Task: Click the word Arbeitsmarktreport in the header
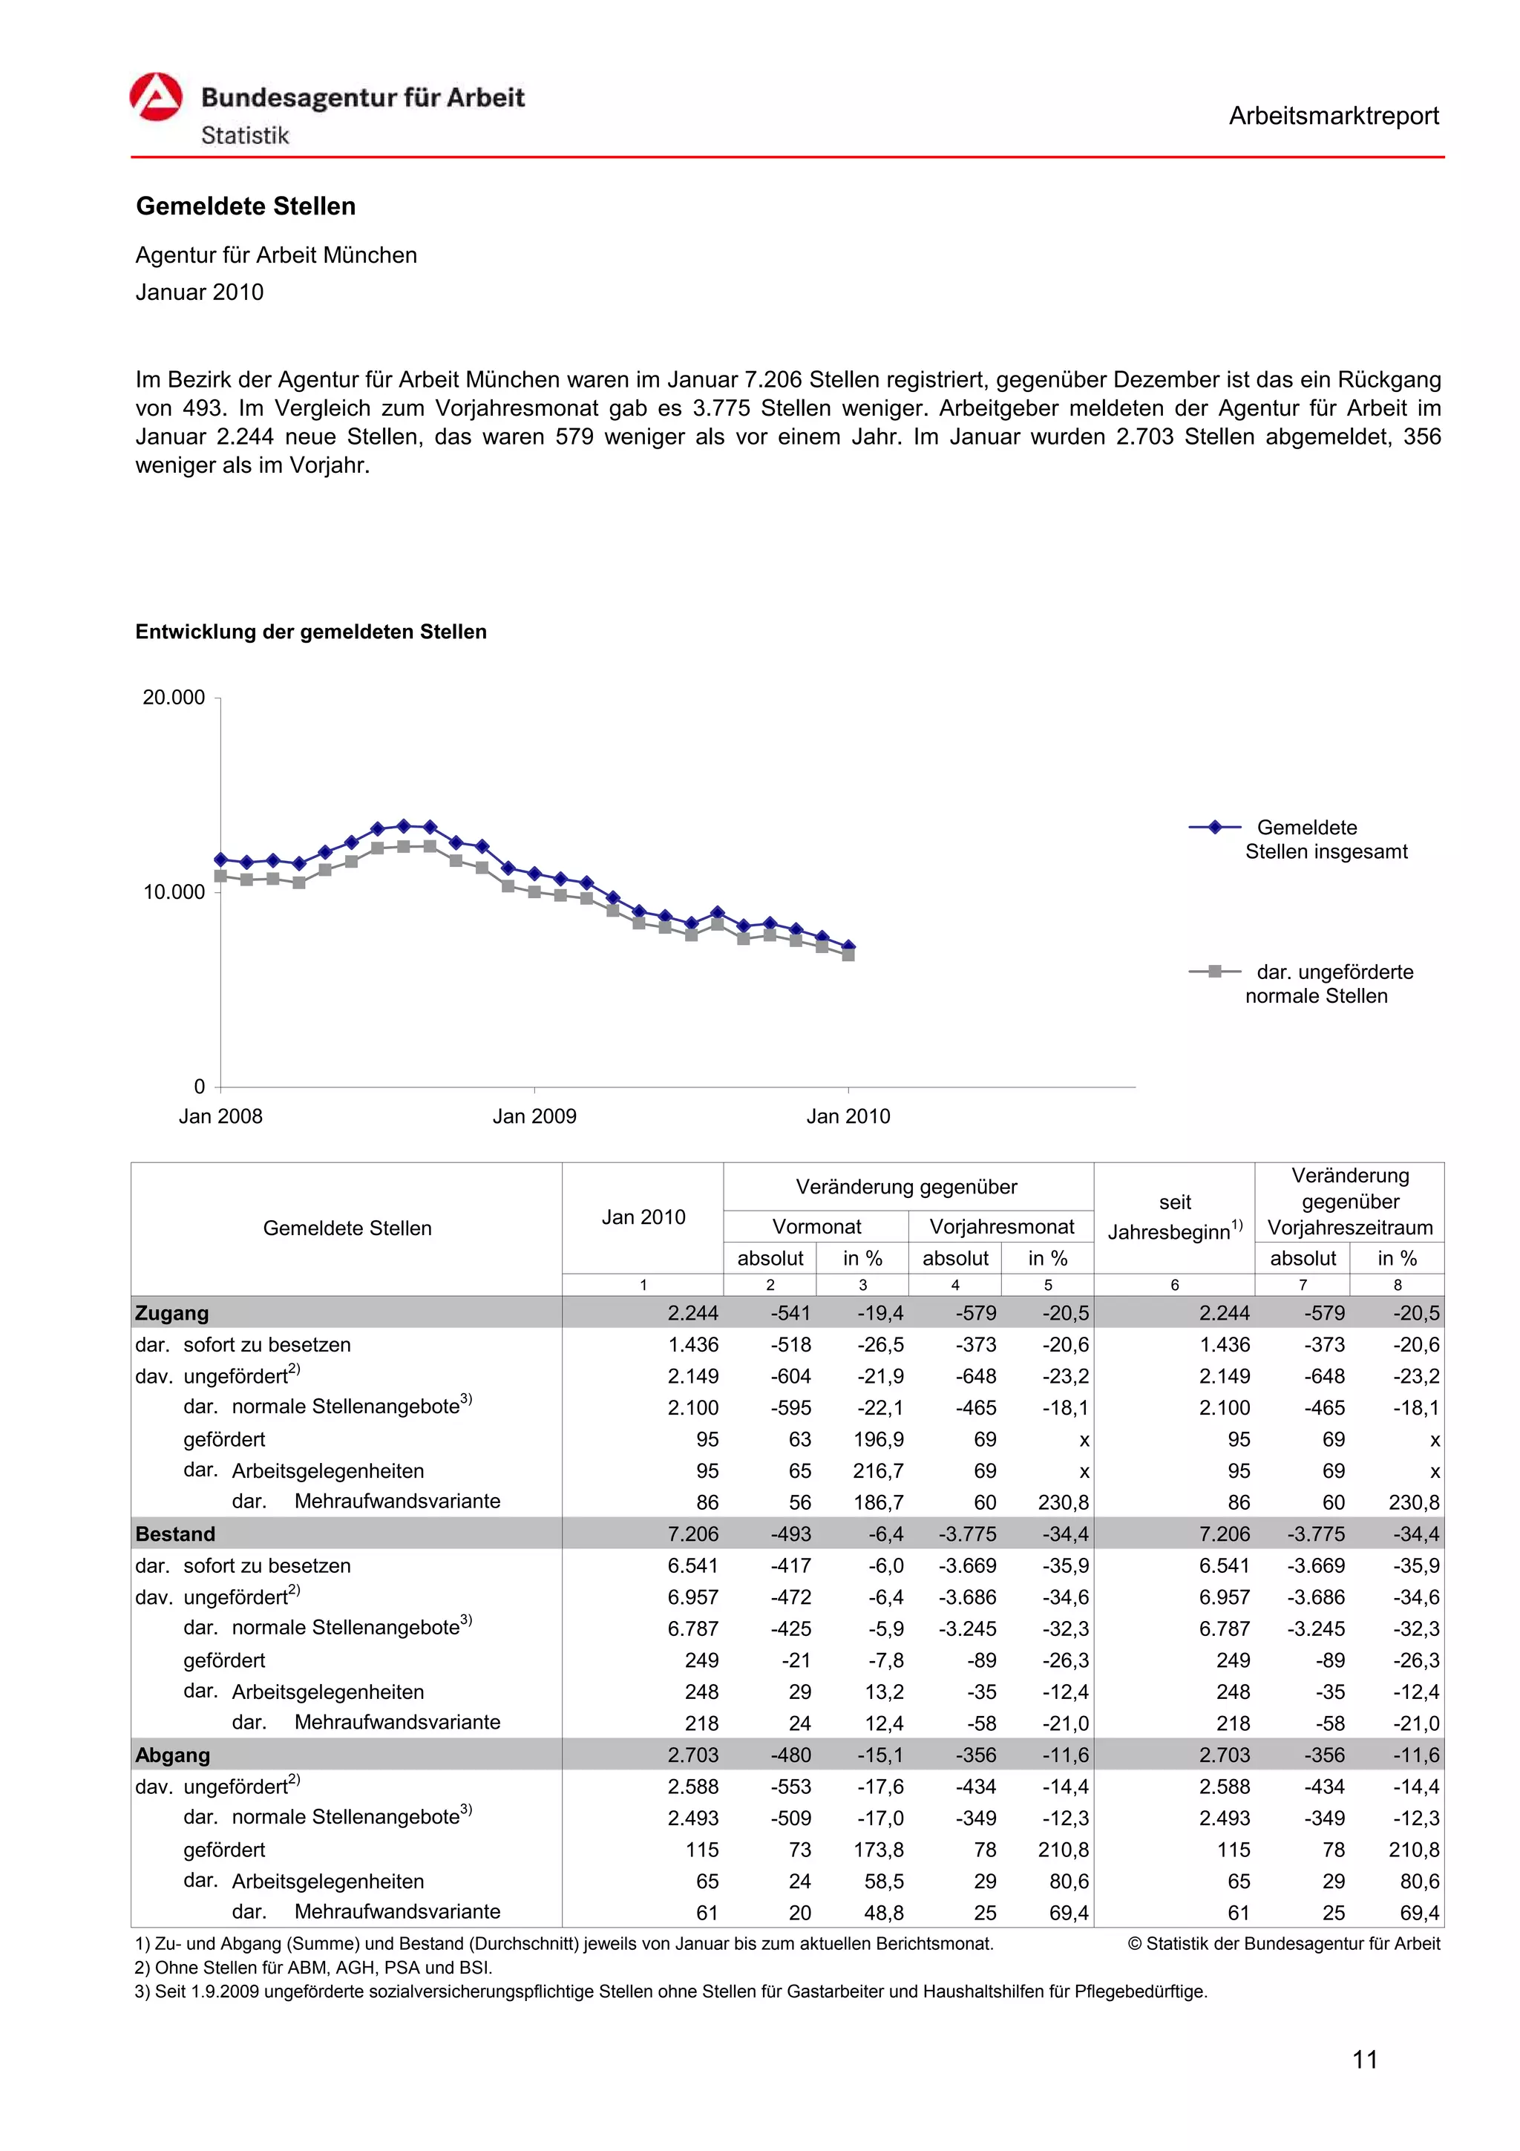(1333, 117)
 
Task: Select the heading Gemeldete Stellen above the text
(246, 206)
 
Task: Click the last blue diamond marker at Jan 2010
(848, 946)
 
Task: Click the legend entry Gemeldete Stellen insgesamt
(1326, 839)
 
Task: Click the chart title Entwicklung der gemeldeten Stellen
(311, 632)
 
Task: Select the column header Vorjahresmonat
(1001, 1226)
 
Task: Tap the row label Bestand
(175, 1533)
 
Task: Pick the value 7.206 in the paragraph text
(773, 379)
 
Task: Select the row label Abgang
(172, 1755)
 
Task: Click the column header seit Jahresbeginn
(1174, 1217)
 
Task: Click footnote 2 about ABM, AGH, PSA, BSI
(314, 1968)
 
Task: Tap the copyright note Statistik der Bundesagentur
(1284, 1943)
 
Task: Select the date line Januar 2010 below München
(200, 292)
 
